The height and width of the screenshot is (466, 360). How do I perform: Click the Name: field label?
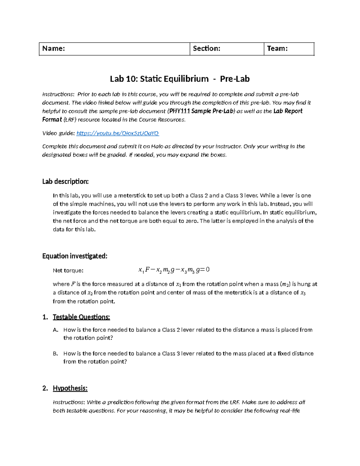click(54, 49)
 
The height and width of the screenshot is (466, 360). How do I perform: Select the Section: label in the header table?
click(206, 49)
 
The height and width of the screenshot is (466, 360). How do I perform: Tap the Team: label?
click(277, 49)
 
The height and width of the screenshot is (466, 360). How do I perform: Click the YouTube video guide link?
click(118, 133)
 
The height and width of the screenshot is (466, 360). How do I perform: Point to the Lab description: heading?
click(65, 182)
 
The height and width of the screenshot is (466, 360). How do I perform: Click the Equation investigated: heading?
click(75, 256)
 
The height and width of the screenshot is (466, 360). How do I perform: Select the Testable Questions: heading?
click(81, 317)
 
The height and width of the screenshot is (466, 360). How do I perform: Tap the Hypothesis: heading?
click(70, 388)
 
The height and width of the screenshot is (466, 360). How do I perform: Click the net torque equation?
click(174, 270)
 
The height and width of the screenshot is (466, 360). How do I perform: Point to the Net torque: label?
click(68, 271)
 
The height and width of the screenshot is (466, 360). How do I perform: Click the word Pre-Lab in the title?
click(235, 79)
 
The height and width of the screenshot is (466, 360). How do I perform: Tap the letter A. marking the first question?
click(55, 330)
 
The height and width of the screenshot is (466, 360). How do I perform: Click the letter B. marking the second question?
click(55, 354)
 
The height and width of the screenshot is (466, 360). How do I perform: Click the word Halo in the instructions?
click(157, 146)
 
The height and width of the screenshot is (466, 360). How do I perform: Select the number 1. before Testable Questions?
click(45, 317)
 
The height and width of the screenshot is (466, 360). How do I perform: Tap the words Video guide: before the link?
click(58, 133)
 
